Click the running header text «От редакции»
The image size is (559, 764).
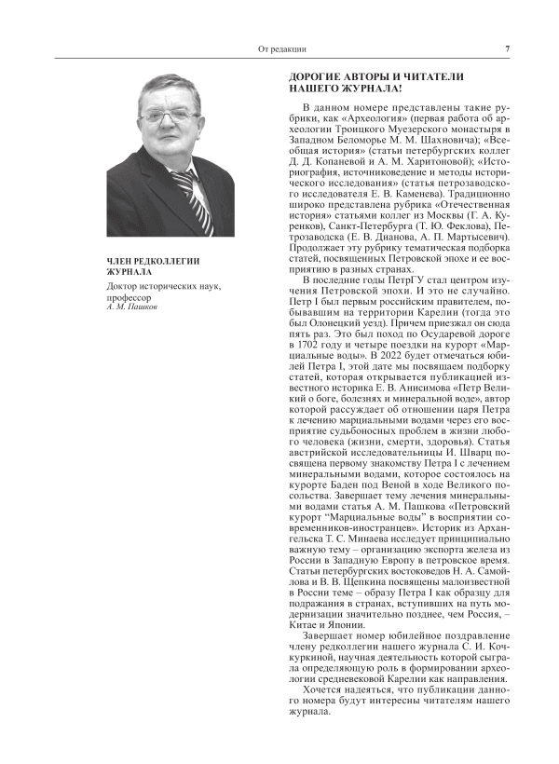[x=279, y=49]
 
